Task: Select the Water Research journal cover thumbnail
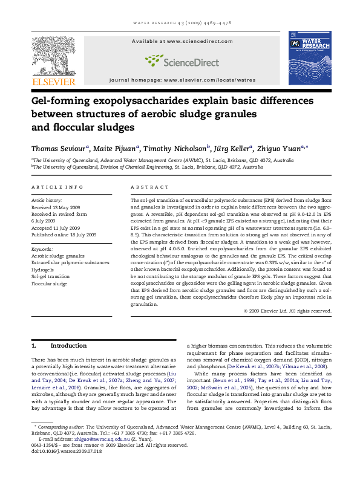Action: coord(314,58)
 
